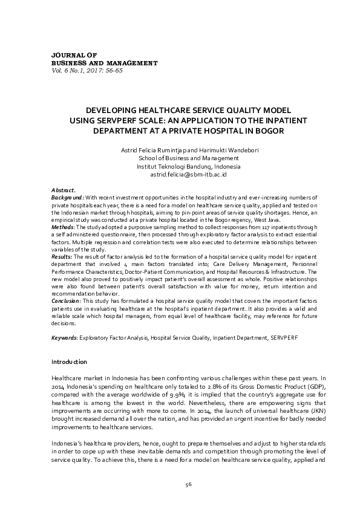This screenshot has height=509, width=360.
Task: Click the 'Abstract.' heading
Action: (64, 190)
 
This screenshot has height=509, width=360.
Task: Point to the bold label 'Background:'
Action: (68, 197)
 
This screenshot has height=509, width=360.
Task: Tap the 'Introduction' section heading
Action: (69, 361)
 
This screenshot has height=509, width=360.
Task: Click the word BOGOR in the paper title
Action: (270, 130)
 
